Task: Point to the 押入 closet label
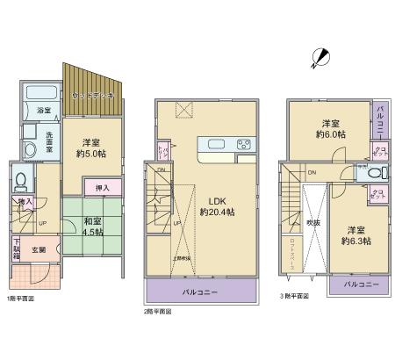pyautogui.click(x=102, y=186)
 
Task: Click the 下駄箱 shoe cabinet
pyautogui.click(x=17, y=248)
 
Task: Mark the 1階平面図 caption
pyautogui.click(x=21, y=299)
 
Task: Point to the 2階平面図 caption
pyautogui.click(x=158, y=311)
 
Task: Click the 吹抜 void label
pyautogui.click(x=313, y=222)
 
